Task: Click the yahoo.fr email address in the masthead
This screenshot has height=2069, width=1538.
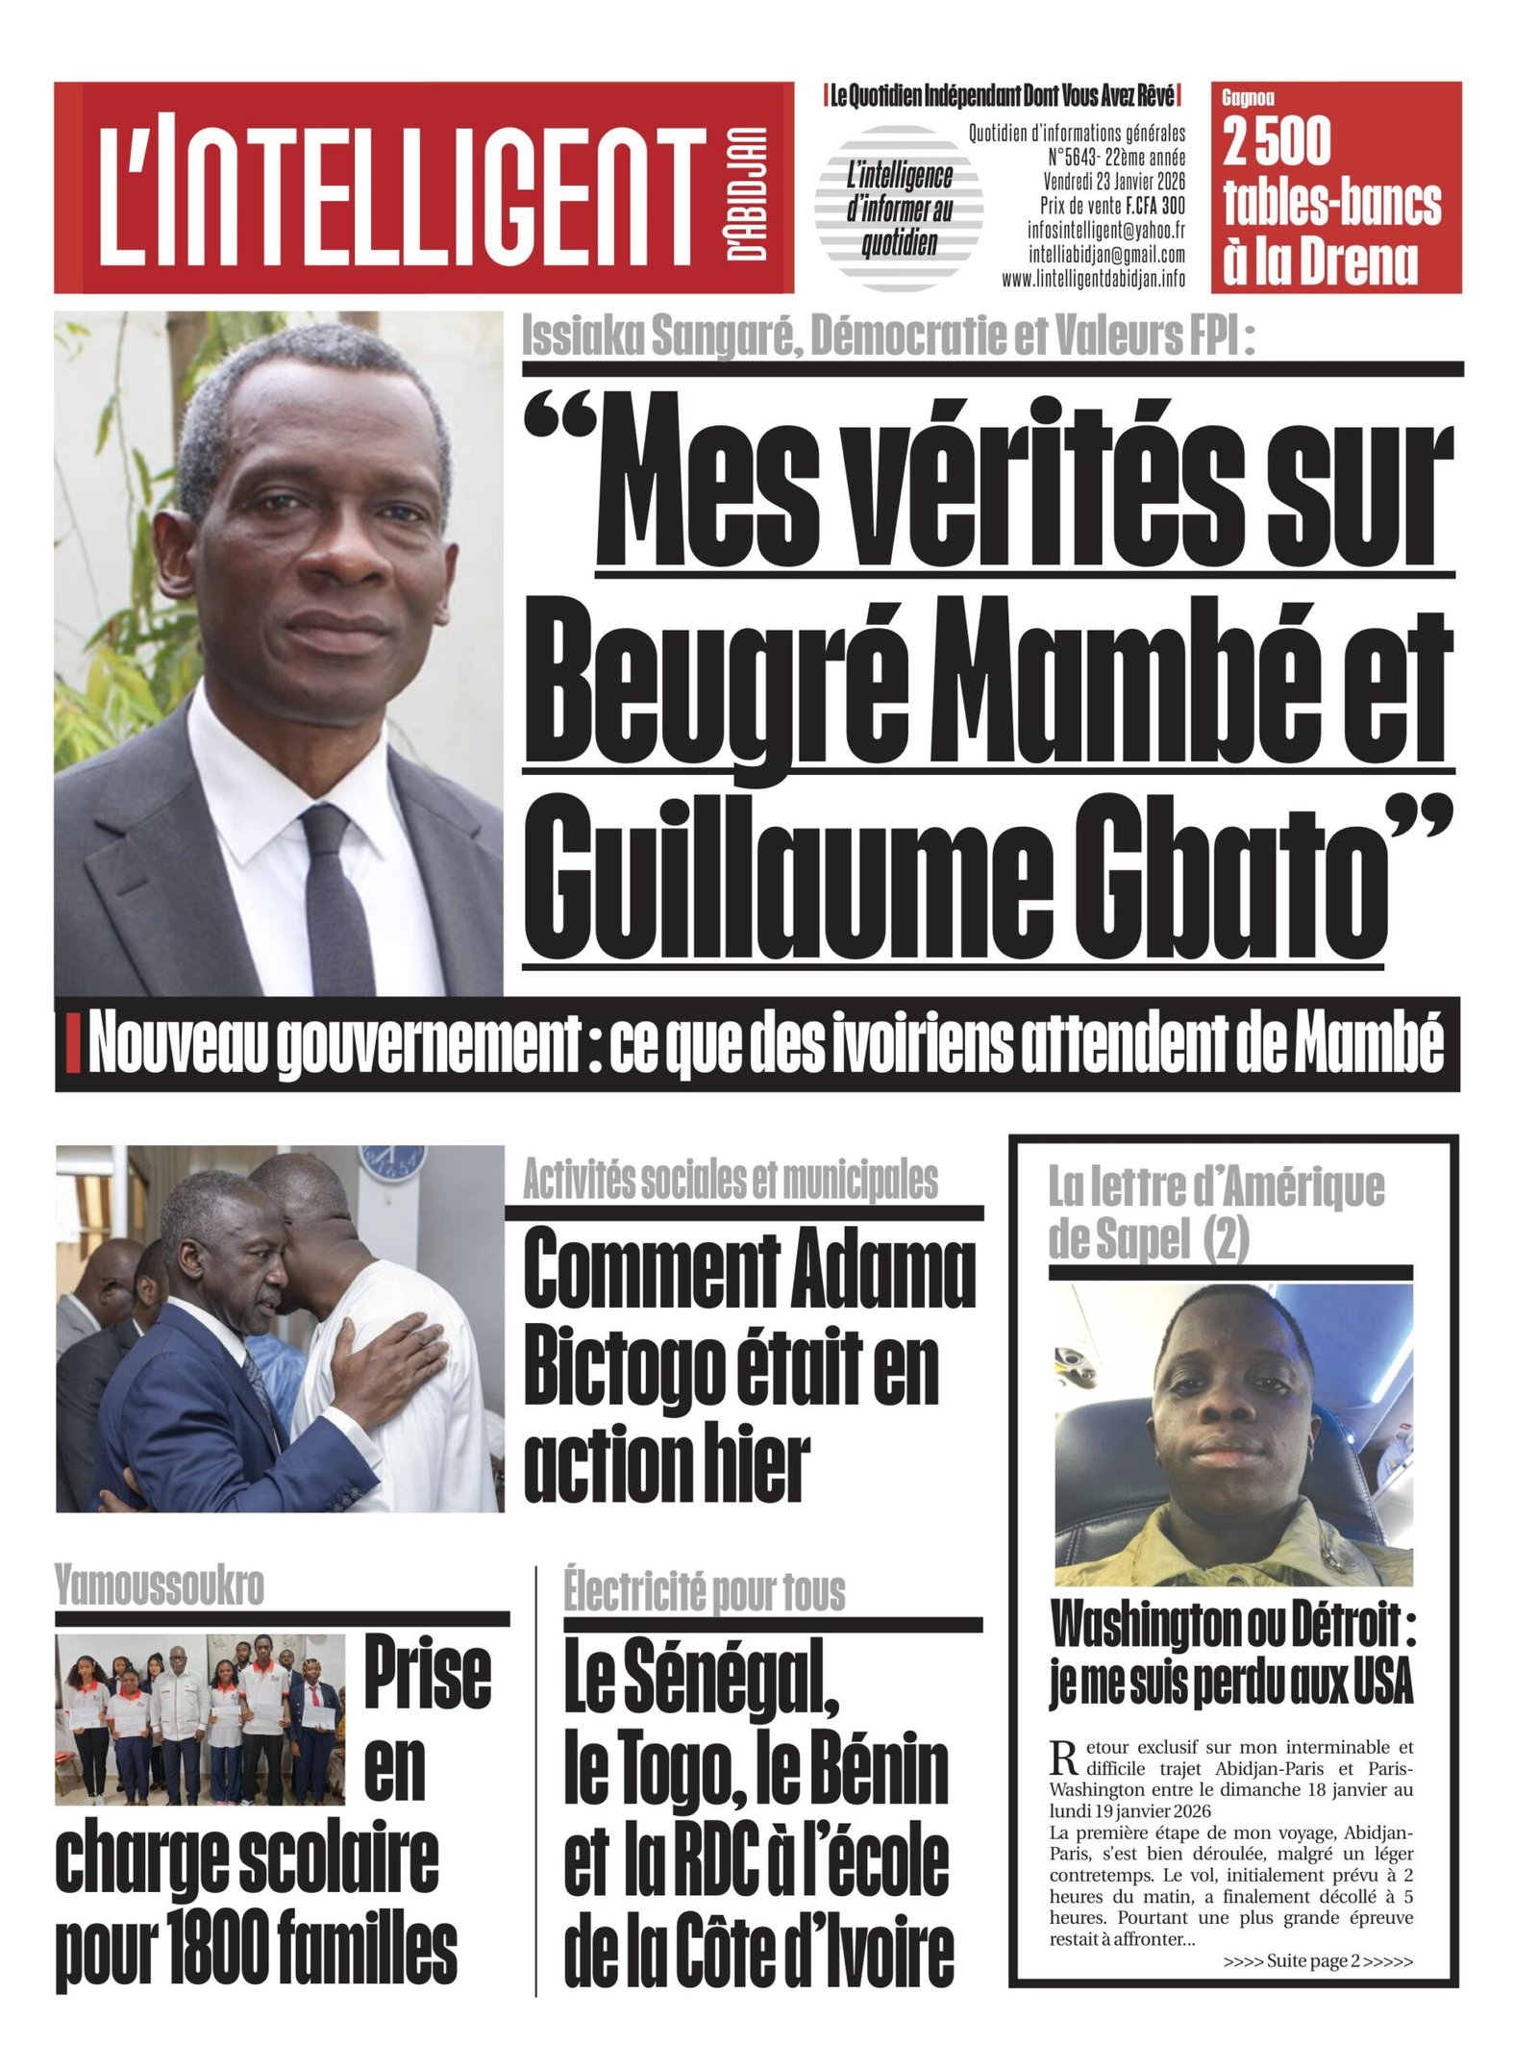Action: (x=1105, y=231)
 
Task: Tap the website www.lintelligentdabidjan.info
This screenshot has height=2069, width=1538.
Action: (x=1093, y=279)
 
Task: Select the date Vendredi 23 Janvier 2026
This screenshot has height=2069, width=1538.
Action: (x=1114, y=181)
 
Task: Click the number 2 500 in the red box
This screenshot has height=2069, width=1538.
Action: (x=1277, y=142)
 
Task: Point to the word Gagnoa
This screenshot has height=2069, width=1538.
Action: (x=1248, y=98)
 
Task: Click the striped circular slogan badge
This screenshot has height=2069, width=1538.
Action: (x=899, y=209)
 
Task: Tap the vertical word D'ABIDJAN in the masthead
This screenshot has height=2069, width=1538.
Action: (x=747, y=192)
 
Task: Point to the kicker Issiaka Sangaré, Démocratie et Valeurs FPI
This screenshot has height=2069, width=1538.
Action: (x=887, y=337)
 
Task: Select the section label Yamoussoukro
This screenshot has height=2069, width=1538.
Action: (x=160, y=1584)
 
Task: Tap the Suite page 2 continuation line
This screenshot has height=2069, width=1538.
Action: (x=1317, y=1961)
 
